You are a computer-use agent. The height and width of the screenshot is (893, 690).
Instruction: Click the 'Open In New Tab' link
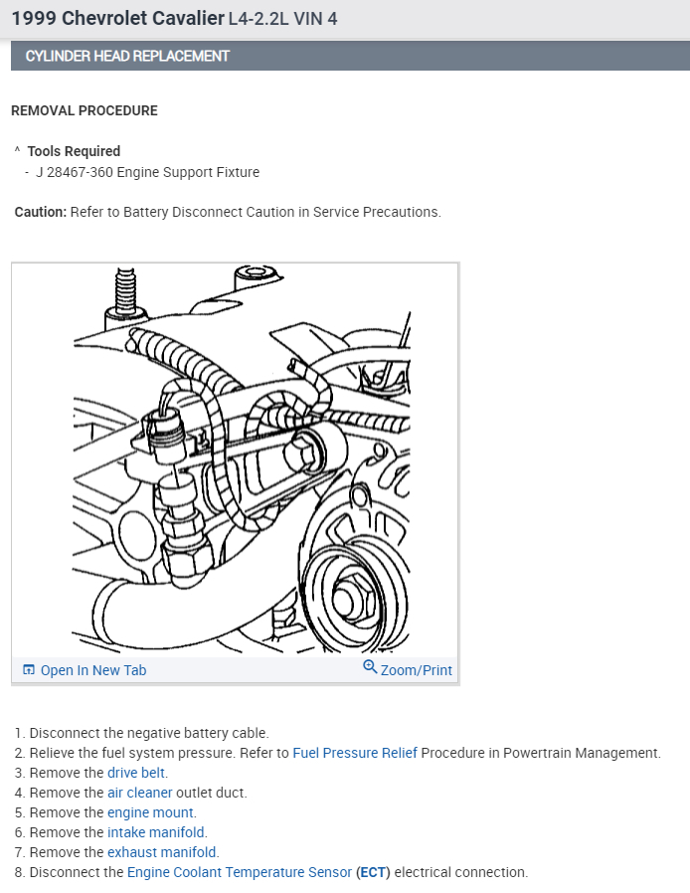92,670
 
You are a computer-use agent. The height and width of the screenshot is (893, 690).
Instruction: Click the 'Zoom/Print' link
416,670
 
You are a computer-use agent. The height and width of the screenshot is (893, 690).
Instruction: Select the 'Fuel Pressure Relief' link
355,753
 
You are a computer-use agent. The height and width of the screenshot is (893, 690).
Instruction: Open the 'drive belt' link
136,773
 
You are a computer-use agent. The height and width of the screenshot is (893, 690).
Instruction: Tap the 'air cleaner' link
139,793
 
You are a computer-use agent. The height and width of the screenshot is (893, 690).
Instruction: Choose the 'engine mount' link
150,812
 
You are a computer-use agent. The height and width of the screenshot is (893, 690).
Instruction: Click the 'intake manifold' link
156,832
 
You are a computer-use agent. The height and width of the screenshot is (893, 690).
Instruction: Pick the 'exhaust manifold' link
162,852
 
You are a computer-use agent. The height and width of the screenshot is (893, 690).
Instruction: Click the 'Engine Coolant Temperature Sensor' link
239,872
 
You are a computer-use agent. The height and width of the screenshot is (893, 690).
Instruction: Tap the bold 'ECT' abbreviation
373,872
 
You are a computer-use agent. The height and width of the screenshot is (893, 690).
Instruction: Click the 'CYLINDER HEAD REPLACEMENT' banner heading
127,56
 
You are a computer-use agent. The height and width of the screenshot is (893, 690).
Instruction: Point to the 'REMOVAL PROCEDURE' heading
85,110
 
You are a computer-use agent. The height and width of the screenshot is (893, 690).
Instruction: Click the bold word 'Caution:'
41,212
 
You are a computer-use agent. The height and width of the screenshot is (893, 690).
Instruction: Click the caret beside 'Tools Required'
17,151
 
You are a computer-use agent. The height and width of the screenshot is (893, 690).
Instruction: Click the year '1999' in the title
33,18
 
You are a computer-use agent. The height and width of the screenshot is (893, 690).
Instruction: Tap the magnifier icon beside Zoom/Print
370,668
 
